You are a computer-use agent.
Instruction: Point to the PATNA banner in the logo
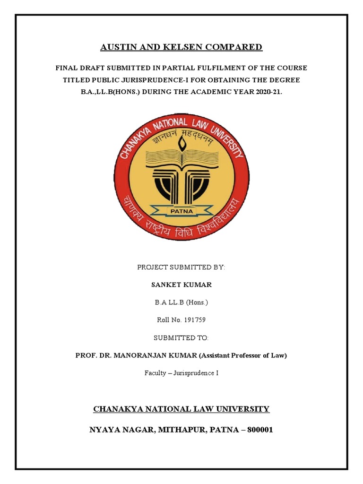181,210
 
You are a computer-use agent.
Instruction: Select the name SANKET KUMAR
181,285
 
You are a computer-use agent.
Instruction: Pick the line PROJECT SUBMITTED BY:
181,268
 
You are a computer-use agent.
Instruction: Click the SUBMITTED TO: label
181,337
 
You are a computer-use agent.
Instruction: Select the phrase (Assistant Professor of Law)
241,355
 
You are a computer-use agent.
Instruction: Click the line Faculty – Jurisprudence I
181,373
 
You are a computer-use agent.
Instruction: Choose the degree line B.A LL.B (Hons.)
181,302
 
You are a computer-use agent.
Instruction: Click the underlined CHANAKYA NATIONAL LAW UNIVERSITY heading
181,409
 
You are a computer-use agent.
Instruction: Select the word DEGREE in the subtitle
285,80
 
